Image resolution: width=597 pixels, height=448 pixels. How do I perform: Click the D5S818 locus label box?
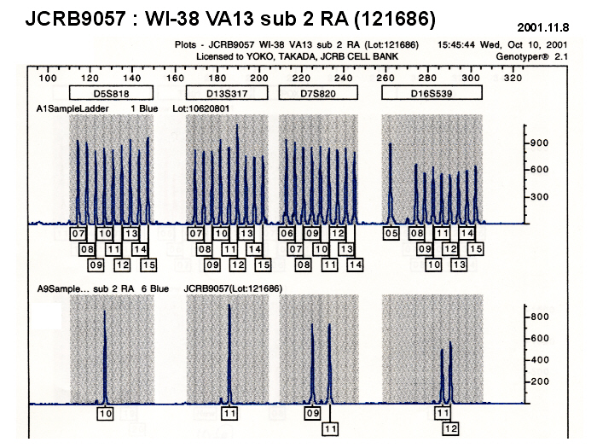click(111, 93)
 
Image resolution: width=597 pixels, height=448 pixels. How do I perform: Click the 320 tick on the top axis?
click(513, 78)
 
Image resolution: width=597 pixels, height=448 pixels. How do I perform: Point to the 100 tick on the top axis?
click(48, 78)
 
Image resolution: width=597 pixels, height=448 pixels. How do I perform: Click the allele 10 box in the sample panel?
click(105, 414)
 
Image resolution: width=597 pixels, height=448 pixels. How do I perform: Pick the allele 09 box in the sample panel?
click(313, 414)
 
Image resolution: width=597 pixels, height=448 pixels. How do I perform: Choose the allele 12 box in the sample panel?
click(451, 428)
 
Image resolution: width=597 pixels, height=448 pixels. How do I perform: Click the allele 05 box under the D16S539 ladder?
click(391, 233)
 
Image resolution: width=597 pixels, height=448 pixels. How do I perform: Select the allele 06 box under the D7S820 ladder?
click(287, 233)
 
